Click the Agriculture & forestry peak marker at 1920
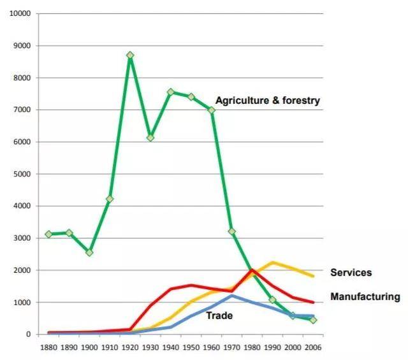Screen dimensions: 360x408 (x=130, y=55)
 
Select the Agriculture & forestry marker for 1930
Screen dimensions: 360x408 (x=150, y=138)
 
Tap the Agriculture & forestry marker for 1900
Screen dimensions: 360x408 (x=89, y=252)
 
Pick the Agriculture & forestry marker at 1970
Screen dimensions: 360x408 (x=232, y=231)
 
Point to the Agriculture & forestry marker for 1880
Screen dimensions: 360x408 (x=49, y=234)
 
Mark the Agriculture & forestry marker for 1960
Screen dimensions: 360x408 (x=212, y=110)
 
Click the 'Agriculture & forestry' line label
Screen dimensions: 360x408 (x=268, y=101)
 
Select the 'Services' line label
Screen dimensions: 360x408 (x=351, y=273)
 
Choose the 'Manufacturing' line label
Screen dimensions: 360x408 (x=365, y=296)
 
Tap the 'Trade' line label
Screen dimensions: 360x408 (x=219, y=315)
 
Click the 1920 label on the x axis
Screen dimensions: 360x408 (x=130, y=348)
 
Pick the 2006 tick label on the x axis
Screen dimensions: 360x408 (x=313, y=348)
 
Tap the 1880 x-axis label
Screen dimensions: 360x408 (x=49, y=348)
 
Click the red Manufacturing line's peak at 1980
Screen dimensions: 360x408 (x=252, y=270)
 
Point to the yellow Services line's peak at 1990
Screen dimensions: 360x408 (x=273, y=263)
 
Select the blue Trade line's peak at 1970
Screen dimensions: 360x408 (x=232, y=296)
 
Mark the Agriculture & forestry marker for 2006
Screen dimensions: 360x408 (x=313, y=320)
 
